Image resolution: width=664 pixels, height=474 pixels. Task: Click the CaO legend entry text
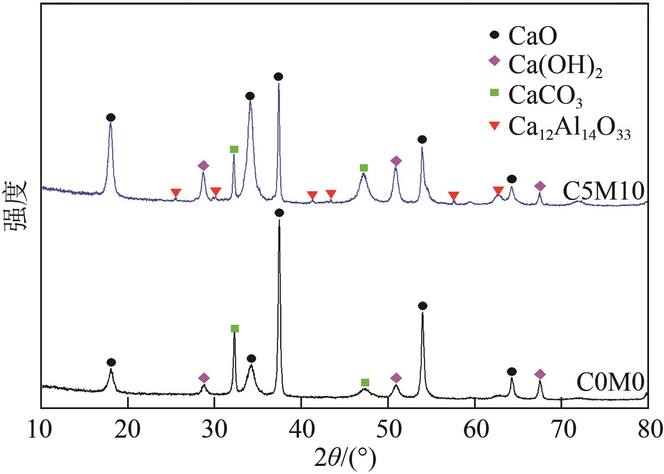click(x=533, y=36)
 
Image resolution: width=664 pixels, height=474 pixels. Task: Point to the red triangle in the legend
click(x=494, y=126)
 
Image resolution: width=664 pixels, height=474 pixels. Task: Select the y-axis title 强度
click(x=16, y=206)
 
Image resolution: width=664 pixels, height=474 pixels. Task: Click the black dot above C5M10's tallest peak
click(x=279, y=77)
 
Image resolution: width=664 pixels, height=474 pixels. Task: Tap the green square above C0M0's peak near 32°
click(x=234, y=328)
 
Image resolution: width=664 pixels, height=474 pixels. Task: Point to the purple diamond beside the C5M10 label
click(x=540, y=186)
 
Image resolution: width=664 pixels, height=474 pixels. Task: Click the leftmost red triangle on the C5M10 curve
click(x=176, y=192)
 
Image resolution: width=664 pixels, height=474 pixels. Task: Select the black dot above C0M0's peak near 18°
click(x=111, y=362)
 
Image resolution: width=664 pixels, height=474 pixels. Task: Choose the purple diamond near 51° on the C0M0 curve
click(x=396, y=378)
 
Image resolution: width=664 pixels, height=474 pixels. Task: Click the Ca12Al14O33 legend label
click(x=569, y=127)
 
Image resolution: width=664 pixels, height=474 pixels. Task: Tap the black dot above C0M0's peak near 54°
click(x=422, y=306)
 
